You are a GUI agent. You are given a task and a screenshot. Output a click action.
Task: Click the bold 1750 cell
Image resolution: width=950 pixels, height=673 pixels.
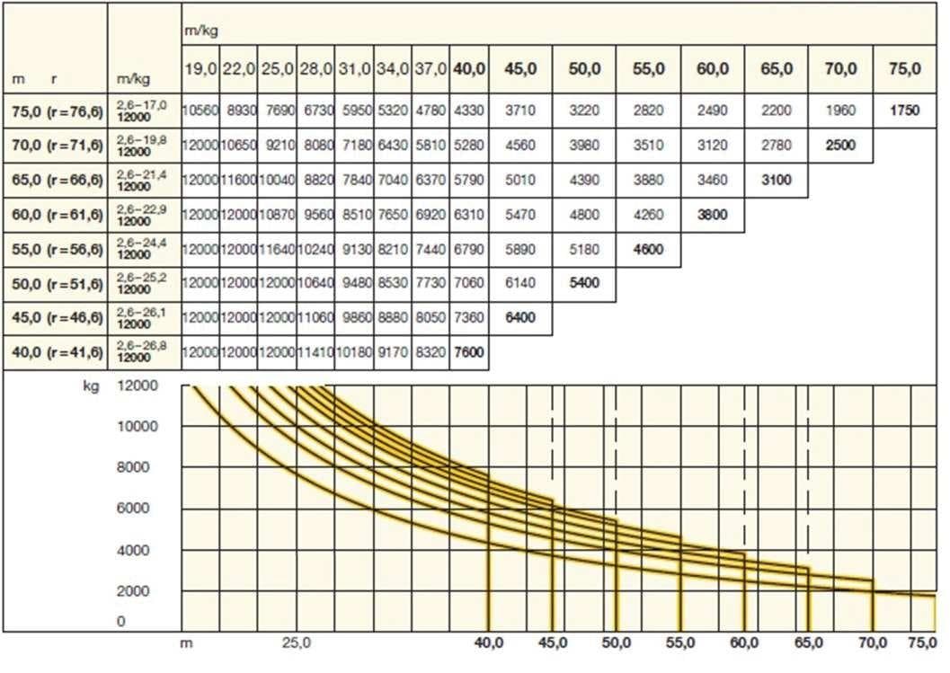coord(903,112)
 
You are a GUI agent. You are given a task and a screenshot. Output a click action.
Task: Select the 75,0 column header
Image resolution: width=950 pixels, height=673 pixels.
coord(903,69)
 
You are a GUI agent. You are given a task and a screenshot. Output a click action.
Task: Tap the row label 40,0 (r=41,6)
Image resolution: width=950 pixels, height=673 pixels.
coord(54,353)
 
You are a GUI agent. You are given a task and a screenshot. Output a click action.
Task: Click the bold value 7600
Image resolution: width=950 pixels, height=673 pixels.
coord(470,353)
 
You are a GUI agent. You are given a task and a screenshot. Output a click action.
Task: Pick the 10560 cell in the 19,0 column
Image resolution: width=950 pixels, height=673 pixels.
coord(200,112)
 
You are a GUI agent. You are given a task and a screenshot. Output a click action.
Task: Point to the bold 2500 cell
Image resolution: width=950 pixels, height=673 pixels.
coord(839,145)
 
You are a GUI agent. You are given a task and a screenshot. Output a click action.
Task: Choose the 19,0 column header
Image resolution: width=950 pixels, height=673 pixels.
coord(200,69)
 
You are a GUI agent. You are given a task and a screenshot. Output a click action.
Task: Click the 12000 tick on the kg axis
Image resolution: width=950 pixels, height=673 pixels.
coord(137,386)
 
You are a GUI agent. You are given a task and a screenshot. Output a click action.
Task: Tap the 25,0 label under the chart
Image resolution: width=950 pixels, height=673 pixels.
coord(296,643)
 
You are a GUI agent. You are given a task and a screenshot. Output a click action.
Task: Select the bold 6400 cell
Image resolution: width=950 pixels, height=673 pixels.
coord(520,317)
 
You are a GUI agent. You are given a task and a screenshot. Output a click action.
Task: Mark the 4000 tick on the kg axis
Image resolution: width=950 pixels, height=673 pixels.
coord(137,550)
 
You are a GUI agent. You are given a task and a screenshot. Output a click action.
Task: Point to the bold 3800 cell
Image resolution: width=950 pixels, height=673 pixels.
coord(712,215)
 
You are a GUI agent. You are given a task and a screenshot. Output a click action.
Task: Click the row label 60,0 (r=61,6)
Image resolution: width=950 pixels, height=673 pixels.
coord(54,215)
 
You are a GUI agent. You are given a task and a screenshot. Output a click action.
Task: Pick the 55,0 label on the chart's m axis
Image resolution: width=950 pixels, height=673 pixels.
coord(680,643)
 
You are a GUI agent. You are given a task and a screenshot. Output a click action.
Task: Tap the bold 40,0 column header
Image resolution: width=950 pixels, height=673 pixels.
coord(470,69)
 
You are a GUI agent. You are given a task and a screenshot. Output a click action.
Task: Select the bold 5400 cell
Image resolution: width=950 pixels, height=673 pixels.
coord(584,282)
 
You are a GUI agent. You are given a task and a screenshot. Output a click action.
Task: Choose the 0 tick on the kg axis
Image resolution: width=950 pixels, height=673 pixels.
coord(121,622)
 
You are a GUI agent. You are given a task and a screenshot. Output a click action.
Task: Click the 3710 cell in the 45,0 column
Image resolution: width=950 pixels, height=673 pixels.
coord(520,112)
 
